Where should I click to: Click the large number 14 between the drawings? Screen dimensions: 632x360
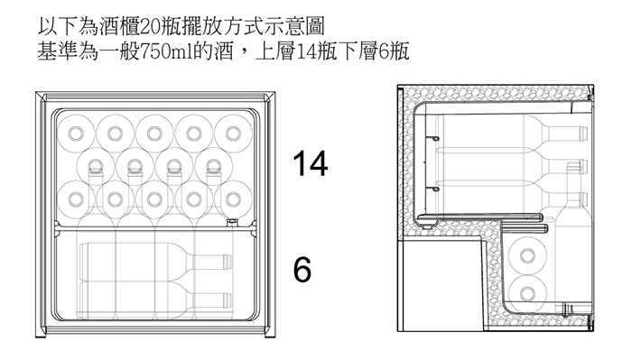(310, 163)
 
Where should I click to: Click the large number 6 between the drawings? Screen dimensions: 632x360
(302, 269)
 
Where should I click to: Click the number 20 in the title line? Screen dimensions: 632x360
(150, 27)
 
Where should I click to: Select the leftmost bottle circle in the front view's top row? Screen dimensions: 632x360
(75, 134)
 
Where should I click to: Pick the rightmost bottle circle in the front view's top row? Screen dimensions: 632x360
(233, 134)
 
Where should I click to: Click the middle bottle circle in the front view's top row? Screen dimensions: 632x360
(154, 134)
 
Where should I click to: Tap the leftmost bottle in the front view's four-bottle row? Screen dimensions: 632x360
(95, 166)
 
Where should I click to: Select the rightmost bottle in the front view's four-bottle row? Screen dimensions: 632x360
(214, 166)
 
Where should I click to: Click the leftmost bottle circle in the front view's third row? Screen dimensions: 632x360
(75, 199)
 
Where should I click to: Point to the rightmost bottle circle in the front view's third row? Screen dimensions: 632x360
(233, 199)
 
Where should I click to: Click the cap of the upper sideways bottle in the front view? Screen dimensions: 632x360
(228, 262)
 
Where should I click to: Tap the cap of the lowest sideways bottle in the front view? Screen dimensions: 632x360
(228, 300)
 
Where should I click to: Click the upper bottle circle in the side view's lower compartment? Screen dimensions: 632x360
(527, 255)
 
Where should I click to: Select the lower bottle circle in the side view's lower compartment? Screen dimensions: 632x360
(527, 293)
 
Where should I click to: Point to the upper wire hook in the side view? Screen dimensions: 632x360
(434, 139)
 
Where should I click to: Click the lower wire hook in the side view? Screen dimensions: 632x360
(434, 189)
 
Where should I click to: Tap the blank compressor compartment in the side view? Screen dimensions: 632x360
(441, 285)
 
